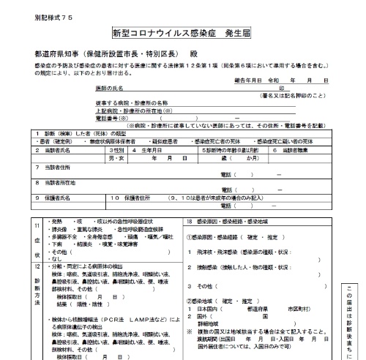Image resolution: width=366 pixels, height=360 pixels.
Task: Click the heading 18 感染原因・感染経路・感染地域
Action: [230, 220]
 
